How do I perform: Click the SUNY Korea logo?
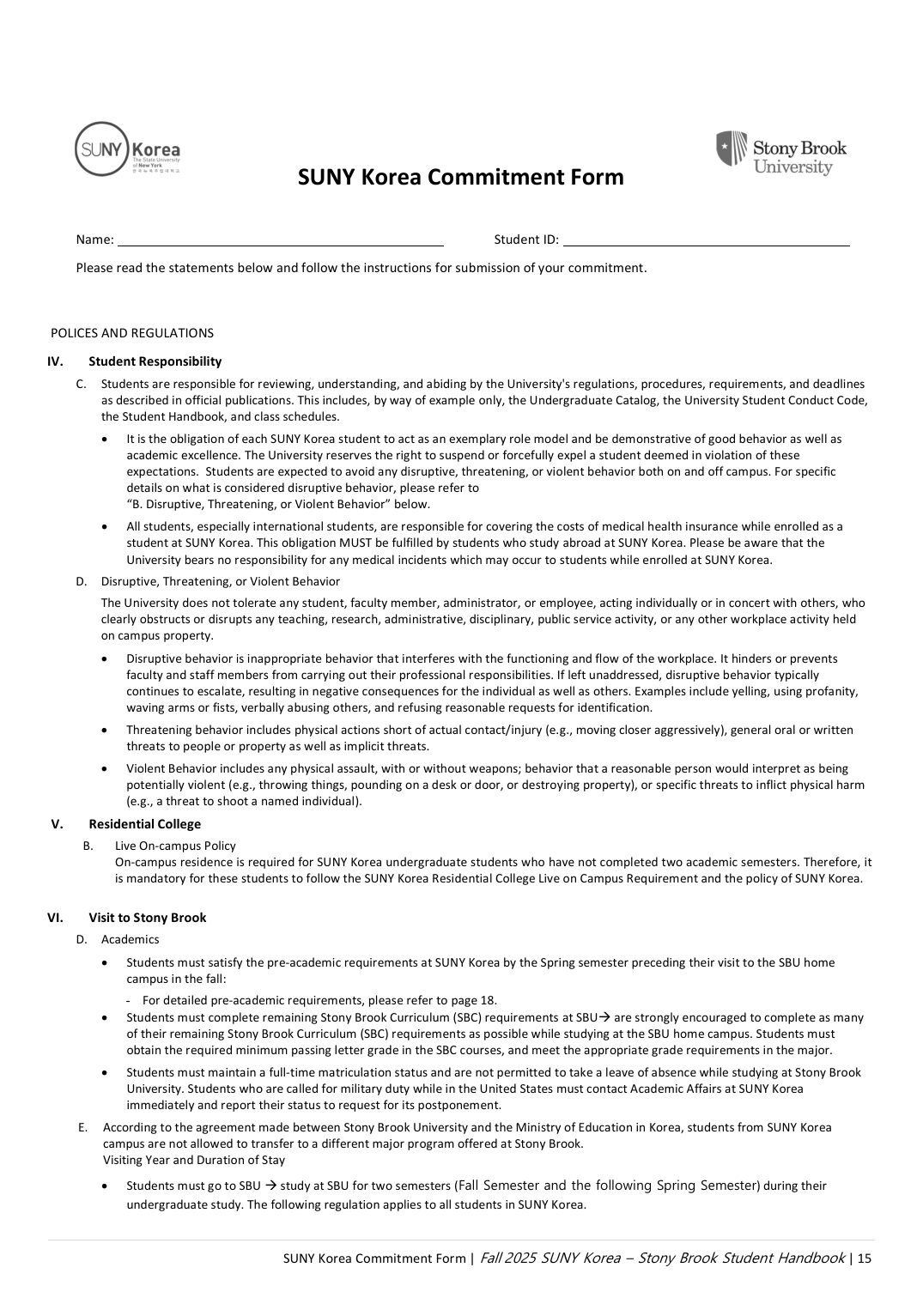click(x=127, y=149)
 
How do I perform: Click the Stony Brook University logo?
click(x=780, y=153)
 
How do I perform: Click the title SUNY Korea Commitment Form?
click(x=460, y=178)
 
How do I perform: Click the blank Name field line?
click(x=280, y=240)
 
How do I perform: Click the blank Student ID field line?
click(x=706, y=240)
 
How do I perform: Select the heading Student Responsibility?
click(x=155, y=361)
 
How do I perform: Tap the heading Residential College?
click(x=144, y=824)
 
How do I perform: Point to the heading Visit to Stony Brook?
click(x=147, y=918)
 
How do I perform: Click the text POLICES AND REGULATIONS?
click(x=132, y=333)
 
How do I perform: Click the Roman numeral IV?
click(x=55, y=361)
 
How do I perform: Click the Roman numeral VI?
click(x=55, y=918)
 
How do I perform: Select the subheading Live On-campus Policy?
click(x=175, y=846)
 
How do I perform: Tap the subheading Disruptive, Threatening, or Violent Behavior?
click(x=220, y=581)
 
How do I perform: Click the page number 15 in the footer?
click(x=864, y=1259)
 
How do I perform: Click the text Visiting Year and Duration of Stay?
click(x=194, y=1160)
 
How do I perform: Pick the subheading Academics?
click(x=130, y=939)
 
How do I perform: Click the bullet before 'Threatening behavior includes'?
click(x=105, y=731)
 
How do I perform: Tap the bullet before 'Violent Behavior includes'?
click(x=105, y=769)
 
